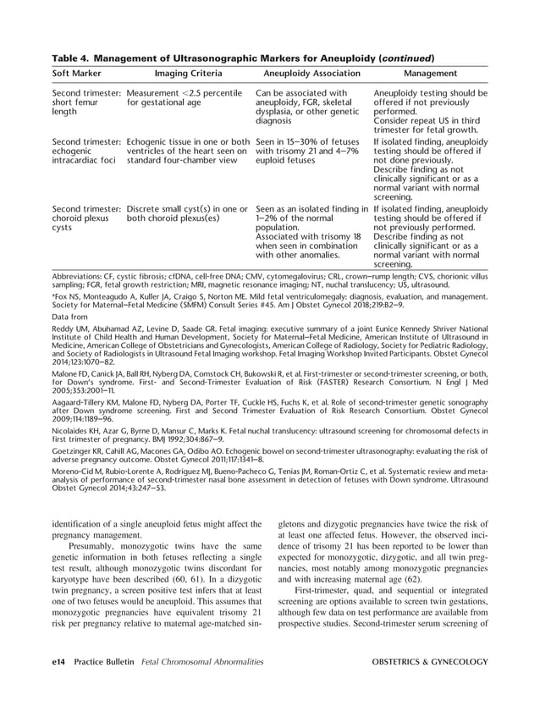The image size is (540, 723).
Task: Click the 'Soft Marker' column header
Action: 80,74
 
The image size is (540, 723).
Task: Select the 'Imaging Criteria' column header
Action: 187,74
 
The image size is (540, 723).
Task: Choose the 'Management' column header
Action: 431,74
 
